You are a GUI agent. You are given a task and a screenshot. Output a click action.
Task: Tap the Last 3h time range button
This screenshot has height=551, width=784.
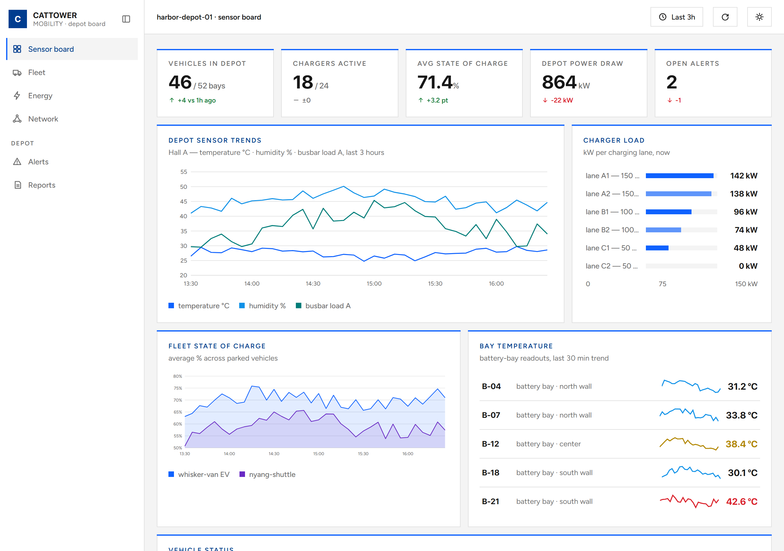tap(677, 17)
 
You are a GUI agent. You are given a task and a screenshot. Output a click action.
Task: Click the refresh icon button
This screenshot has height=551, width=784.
tap(725, 17)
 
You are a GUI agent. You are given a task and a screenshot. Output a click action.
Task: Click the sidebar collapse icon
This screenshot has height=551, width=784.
tap(126, 19)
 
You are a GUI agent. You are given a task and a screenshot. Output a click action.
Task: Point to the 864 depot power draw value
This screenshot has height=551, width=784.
tap(559, 82)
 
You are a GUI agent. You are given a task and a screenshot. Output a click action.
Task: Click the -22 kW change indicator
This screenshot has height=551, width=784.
tap(558, 100)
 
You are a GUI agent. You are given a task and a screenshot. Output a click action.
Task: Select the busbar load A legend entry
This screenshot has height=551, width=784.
tap(323, 306)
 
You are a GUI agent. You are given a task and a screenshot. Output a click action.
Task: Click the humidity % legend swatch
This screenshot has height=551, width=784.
tap(242, 305)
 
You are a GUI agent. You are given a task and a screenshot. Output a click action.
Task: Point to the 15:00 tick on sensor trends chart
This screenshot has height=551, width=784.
tap(374, 284)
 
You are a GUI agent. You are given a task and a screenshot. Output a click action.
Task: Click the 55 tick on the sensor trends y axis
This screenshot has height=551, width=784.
tap(184, 172)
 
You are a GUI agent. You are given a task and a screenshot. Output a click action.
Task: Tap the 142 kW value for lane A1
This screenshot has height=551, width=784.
tap(743, 176)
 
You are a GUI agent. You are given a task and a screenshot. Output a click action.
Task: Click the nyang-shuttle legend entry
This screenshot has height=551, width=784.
tap(267, 474)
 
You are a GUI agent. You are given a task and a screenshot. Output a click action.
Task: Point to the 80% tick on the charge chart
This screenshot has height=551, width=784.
tap(178, 376)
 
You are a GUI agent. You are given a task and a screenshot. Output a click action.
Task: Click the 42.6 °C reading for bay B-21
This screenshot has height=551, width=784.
tap(741, 501)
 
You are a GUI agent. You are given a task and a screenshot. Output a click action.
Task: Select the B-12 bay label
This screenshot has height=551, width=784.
tap(490, 444)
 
